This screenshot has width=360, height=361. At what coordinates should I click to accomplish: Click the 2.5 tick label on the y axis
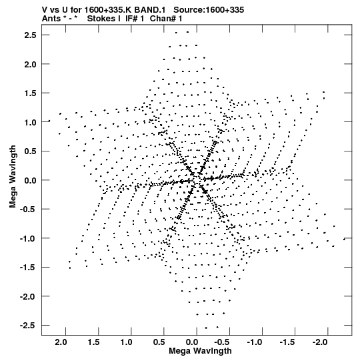(30, 35)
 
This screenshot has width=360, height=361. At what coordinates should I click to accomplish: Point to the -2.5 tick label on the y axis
(28, 326)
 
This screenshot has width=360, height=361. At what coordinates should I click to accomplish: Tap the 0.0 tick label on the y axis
(30, 180)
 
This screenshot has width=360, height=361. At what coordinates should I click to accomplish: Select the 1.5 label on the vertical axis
(30, 93)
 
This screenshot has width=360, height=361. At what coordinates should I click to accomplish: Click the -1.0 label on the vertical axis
(28, 238)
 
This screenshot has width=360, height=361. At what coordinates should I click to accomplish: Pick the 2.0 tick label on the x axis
(61, 342)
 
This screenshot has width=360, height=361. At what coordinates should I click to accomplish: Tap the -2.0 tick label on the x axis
(320, 342)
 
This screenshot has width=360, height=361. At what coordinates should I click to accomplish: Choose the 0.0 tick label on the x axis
(192, 342)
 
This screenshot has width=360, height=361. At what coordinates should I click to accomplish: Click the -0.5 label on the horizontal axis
(222, 342)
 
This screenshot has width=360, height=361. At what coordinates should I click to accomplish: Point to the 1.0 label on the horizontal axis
(127, 342)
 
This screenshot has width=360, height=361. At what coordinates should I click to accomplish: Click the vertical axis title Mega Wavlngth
(13, 177)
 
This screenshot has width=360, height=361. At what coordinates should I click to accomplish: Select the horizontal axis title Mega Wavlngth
(200, 351)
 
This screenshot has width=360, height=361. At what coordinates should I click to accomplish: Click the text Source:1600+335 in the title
(209, 10)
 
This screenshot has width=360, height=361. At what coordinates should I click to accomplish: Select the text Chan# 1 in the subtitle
(166, 19)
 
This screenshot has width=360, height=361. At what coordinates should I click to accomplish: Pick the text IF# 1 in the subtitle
(135, 19)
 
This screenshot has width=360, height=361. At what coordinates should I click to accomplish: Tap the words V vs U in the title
(55, 10)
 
